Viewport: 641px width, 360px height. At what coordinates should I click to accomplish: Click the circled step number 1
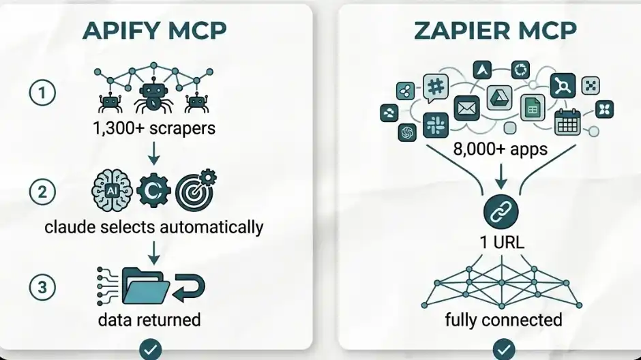click(42, 93)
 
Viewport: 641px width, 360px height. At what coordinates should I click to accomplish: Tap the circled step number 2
click(42, 192)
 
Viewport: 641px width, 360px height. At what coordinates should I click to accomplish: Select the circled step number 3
click(42, 287)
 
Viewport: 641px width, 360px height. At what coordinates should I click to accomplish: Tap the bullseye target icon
click(195, 191)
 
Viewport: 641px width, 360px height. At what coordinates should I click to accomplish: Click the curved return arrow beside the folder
click(190, 290)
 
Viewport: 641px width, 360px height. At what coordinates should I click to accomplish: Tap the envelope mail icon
click(467, 108)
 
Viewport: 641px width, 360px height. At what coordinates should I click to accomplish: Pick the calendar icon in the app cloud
click(567, 121)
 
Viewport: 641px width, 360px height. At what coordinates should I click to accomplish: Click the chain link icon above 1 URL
click(501, 211)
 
